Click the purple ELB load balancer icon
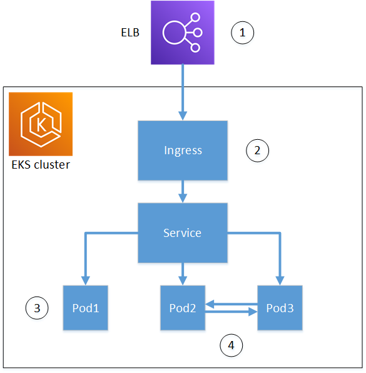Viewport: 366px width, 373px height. click(x=182, y=32)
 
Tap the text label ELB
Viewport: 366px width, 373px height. click(x=130, y=32)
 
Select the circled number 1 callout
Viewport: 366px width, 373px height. click(x=243, y=32)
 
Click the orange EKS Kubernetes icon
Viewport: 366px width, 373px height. click(x=41, y=124)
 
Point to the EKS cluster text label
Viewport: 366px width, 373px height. click(x=41, y=165)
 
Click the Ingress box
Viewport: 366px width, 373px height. click(x=182, y=150)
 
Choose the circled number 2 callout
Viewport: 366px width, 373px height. click(x=257, y=150)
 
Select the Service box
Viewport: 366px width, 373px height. click(x=182, y=233)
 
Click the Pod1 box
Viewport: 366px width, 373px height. click(x=85, y=308)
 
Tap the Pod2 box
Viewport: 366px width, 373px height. click(x=183, y=308)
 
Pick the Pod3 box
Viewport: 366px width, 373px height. click(x=280, y=308)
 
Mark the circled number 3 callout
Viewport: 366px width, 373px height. click(x=36, y=308)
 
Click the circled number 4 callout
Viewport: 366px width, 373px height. click(x=231, y=344)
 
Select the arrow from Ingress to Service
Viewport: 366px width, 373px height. click(x=183, y=191)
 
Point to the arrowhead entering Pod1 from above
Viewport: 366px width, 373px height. click(x=85, y=280)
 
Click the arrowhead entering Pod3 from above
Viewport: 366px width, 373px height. click(x=280, y=280)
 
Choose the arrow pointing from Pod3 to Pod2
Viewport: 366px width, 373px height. click(x=231, y=303)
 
